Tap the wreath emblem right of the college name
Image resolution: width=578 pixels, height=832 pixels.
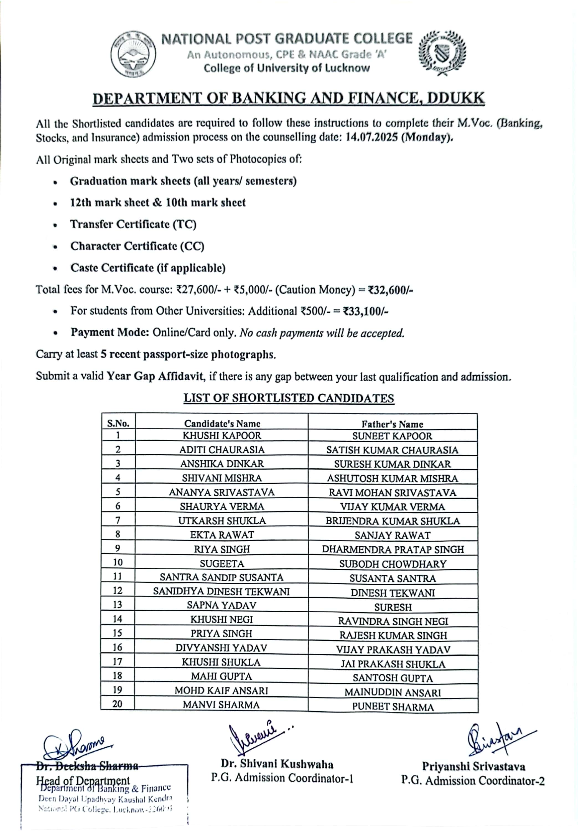point(442,53)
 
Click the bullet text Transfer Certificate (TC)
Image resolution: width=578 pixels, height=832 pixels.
point(133,225)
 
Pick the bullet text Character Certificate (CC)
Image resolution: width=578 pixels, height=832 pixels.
point(137,246)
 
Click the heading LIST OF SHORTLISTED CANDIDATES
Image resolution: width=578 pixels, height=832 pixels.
point(289,398)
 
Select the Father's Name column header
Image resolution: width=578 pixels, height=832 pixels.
point(392,424)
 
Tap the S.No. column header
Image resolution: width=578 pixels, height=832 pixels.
point(118,423)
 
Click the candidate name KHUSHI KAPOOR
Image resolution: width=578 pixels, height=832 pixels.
point(222,435)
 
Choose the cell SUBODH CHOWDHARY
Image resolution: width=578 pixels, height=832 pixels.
point(393,564)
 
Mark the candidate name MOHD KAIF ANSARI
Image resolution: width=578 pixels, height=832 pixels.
point(221,690)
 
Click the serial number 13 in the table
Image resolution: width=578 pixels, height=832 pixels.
point(117,605)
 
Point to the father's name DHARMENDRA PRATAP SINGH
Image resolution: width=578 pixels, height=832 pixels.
point(393,549)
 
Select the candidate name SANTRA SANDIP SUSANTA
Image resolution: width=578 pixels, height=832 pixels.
point(221,577)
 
